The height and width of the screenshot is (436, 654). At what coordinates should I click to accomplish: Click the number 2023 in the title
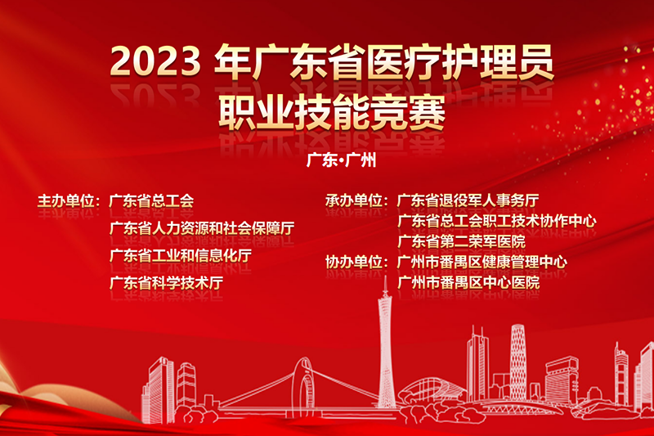click(x=155, y=61)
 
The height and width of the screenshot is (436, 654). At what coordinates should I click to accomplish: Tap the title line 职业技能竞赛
click(x=332, y=112)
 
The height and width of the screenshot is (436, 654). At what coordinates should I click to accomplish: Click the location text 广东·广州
click(x=341, y=160)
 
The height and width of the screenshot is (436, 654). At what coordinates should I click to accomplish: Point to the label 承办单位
click(x=354, y=200)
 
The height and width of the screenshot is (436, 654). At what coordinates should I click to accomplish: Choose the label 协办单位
click(x=354, y=262)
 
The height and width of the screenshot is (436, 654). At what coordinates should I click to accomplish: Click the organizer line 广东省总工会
click(x=151, y=201)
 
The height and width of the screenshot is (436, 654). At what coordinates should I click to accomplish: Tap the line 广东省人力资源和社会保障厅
click(x=202, y=228)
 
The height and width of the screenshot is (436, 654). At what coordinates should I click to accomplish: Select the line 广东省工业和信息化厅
click(x=181, y=256)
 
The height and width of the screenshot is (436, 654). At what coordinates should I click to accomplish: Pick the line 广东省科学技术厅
click(x=166, y=283)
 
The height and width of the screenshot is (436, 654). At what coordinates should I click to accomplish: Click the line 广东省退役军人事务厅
click(x=468, y=200)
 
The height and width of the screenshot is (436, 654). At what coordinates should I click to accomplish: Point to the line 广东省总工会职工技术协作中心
click(x=497, y=221)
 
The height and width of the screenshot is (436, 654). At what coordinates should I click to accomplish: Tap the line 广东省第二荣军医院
click(x=461, y=241)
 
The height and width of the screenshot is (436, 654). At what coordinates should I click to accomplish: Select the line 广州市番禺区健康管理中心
click(x=482, y=262)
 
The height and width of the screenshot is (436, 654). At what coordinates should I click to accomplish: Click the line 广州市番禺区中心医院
click(x=468, y=282)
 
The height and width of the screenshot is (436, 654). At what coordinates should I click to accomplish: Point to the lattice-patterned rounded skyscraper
click(x=518, y=362)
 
